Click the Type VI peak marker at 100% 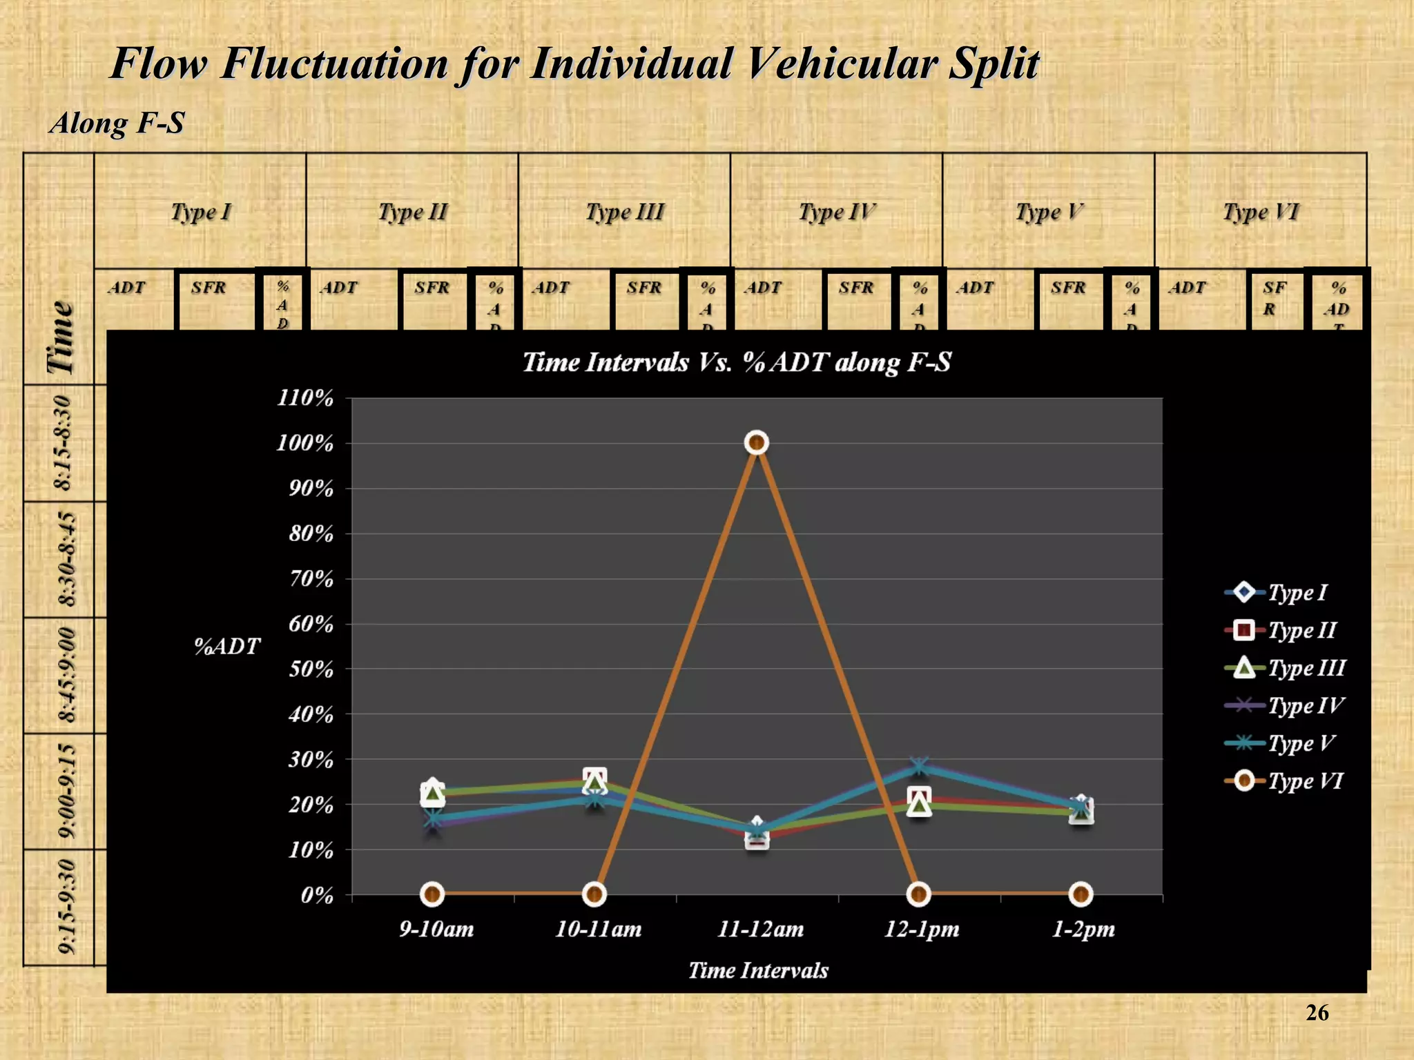click(x=757, y=442)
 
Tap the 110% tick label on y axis click(x=305, y=398)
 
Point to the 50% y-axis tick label click(x=311, y=669)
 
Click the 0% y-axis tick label click(x=317, y=895)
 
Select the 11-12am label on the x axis click(x=760, y=929)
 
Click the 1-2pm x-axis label click(x=1083, y=929)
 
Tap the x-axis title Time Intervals click(x=758, y=970)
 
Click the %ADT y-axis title click(x=227, y=647)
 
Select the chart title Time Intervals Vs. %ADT click(x=737, y=362)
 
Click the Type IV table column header click(x=837, y=212)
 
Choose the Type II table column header click(x=413, y=212)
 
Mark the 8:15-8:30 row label click(x=63, y=442)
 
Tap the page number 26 click(x=1317, y=1012)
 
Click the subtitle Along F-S click(x=117, y=124)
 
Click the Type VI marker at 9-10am click(x=433, y=894)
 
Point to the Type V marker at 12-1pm click(x=919, y=766)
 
